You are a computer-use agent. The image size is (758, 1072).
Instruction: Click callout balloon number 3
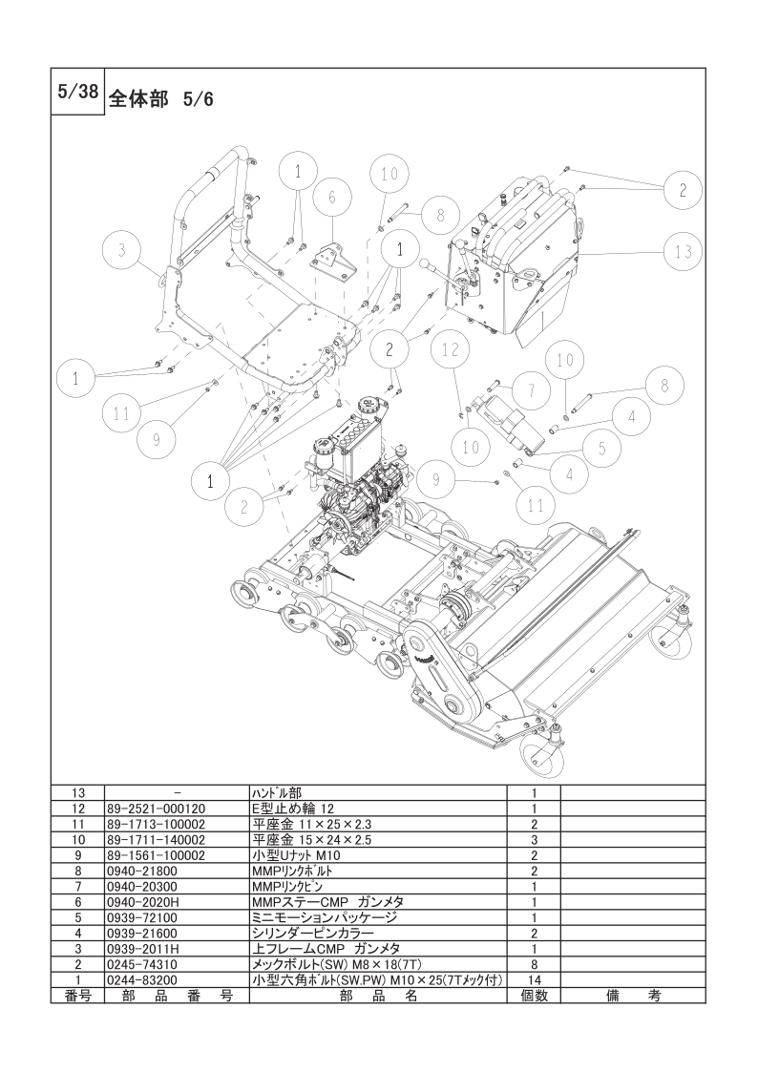[x=121, y=250]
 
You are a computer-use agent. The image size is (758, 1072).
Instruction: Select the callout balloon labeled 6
[x=332, y=197]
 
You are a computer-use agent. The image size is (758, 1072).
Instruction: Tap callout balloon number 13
[x=683, y=251]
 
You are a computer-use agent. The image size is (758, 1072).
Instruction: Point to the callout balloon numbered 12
[x=450, y=349]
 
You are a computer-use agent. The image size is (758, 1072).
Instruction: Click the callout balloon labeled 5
[x=602, y=449]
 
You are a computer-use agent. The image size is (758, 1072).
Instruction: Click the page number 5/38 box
[x=77, y=93]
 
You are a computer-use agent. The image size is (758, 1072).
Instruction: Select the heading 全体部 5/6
[x=161, y=100]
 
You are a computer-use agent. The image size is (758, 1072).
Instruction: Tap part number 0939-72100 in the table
[x=142, y=917]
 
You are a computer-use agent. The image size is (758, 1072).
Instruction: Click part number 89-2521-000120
[x=157, y=809]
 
